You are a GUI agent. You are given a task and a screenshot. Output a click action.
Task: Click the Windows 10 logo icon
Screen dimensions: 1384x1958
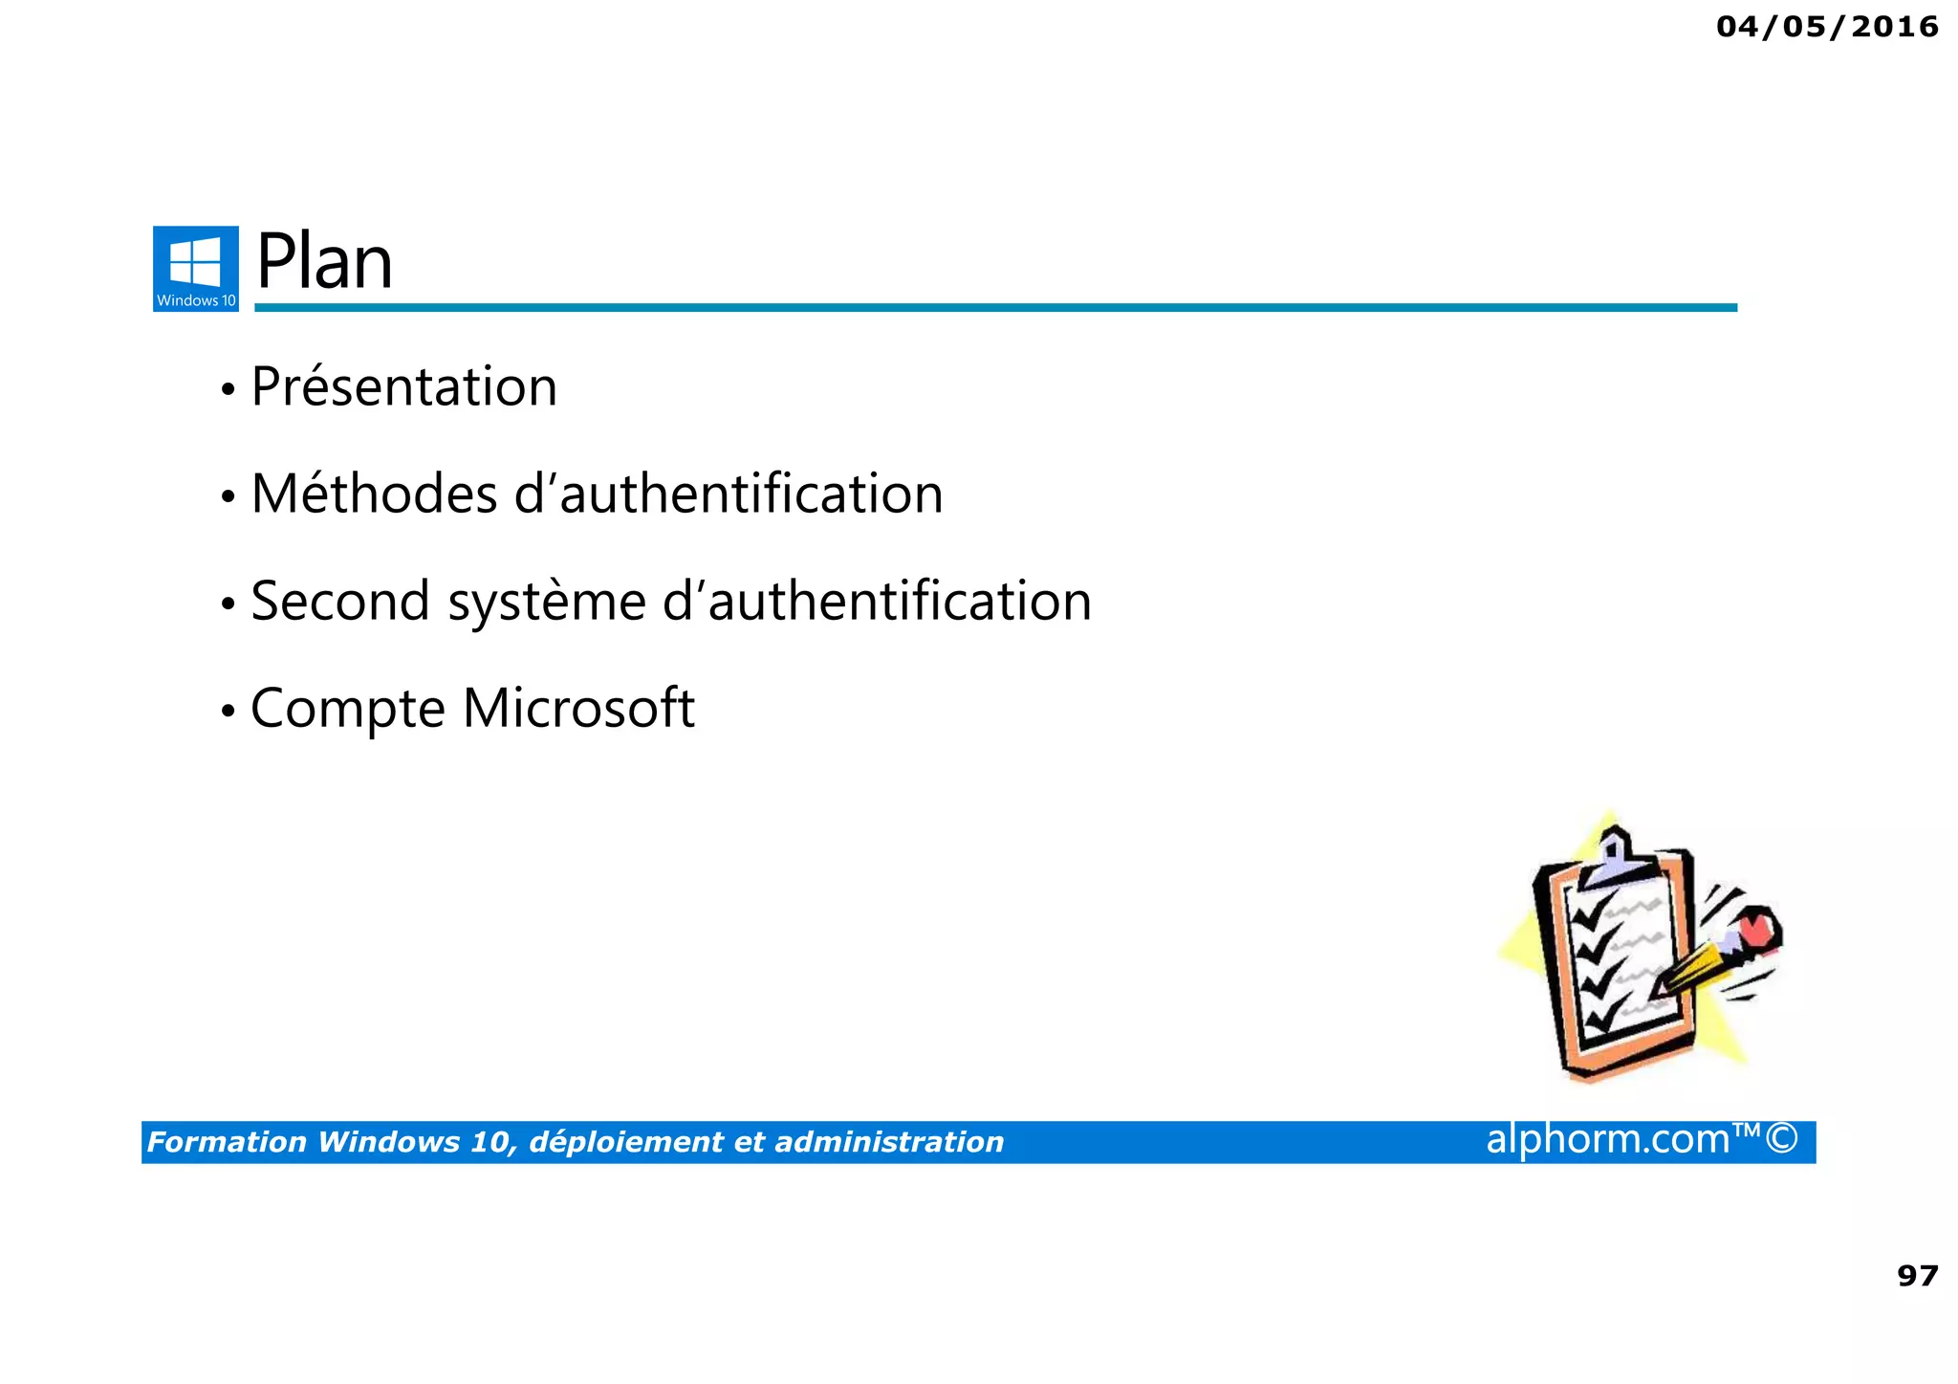(195, 268)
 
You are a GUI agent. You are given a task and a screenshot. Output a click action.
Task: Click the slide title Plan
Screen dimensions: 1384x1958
(324, 263)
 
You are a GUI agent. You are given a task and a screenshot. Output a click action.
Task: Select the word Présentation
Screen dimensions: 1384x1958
(403, 387)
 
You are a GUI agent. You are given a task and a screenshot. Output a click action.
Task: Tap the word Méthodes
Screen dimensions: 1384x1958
(374, 494)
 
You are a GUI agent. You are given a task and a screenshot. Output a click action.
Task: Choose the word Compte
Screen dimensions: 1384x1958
(348, 709)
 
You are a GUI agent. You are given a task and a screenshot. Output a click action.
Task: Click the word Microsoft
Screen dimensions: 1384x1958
(578, 709)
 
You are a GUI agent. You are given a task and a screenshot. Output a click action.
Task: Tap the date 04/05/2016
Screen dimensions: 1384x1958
(1827, 27)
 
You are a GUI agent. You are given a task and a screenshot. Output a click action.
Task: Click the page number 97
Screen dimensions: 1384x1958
(1917, 1276)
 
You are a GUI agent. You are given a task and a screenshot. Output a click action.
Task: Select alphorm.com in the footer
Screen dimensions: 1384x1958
(1607, 1139)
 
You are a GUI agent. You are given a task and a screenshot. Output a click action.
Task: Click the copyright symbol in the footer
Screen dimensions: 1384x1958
(1782, 1139)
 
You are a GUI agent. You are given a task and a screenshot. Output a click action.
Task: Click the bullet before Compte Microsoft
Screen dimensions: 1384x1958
(228, 712)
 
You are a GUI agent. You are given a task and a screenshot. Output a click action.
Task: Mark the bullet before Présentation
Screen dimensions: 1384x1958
(228, 390)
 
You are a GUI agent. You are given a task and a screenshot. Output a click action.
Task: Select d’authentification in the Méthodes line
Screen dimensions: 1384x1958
(729, 494)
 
